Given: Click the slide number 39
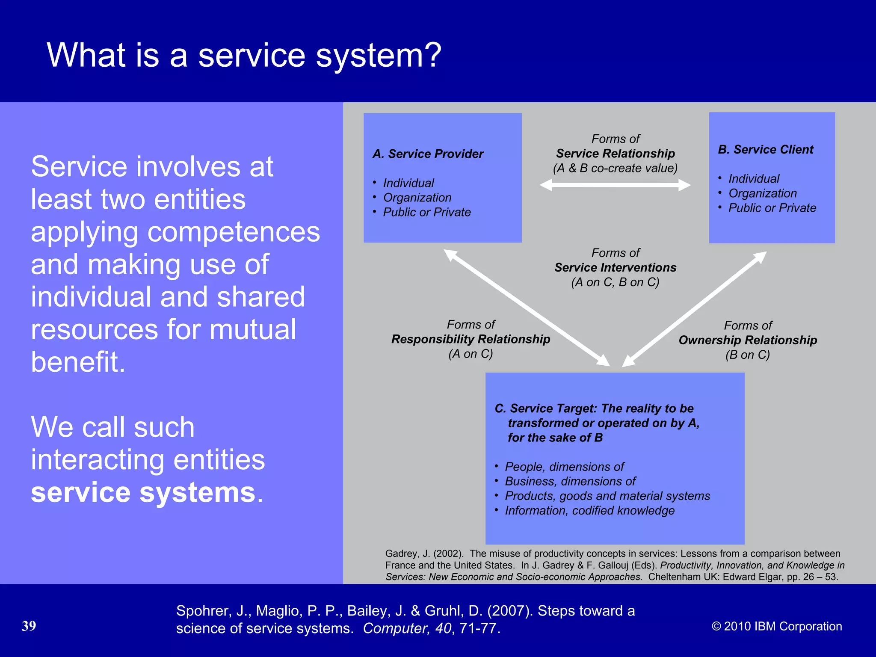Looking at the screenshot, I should click(29, 626).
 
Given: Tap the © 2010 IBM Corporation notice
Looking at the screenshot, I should click(777, 626).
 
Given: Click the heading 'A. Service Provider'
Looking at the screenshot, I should click(428, 154).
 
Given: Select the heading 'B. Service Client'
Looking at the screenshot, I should click(766, 150).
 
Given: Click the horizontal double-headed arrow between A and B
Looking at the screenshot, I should click(615, 185).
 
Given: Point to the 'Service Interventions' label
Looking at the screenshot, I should click(615, 268).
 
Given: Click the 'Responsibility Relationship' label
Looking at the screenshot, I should click(471, 339).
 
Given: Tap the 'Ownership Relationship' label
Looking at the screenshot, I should click(748, 340).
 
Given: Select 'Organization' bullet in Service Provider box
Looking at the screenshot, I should click(417, 198).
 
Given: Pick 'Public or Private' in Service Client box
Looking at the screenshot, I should click(772, 208).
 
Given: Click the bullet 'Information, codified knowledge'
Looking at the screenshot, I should click(589, 511).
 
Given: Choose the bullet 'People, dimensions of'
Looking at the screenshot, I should click(564, 467).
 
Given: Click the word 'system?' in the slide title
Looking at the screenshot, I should click(378, 56).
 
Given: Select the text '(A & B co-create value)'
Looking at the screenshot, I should click(615, 169).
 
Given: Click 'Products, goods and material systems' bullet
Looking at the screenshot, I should click(607, 496).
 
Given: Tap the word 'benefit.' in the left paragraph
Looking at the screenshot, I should click(78, 362).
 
